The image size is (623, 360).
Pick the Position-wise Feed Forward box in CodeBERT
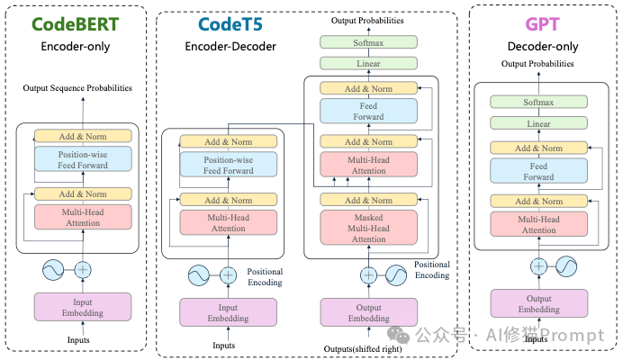pyautogui.click(x=83, y=159)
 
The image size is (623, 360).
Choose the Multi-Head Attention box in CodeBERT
pyautogui.click(x=83, y=217)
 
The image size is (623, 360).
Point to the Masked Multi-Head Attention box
pyautogui.click(x=369, y=227)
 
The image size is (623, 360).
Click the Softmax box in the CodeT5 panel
pyautogui.click(x=369, y=41)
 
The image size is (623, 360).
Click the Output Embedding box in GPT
pyautogui.click(x=537, y=304)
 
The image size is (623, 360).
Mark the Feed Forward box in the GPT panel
pyautogui.click(x=538, y=171)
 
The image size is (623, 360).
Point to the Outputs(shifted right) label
pyautogui.click(x=368, y=348)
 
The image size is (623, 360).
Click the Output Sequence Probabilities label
pyautogui.click(x=83, y=88)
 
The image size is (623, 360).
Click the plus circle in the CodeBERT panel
pyautogui.click(x=83, y=269)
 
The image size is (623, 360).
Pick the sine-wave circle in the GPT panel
pyautogui.click(x=565, y=265)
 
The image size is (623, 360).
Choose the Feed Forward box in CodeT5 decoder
pyautogui.click(x=369, y=111)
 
